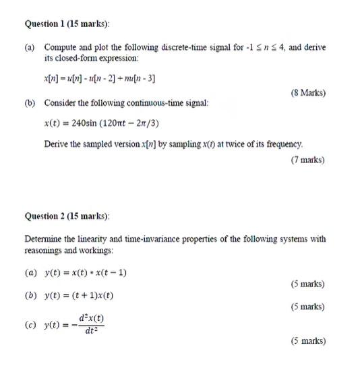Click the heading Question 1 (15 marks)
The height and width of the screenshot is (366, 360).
point(67,24)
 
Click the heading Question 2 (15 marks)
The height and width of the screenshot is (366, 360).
point(67,216)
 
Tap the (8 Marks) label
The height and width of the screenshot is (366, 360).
point(308,92)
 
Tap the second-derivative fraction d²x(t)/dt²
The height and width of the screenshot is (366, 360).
point(91,324)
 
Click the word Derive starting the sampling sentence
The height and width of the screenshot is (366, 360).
point(57,144)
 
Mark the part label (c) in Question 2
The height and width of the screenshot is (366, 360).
point(30,324)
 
